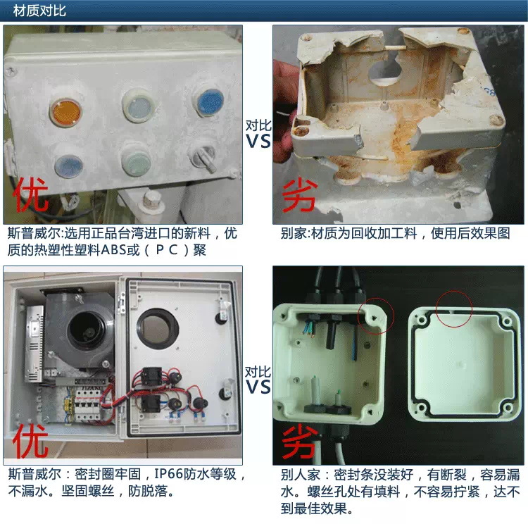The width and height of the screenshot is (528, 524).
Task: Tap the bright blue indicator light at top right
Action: (210, 101)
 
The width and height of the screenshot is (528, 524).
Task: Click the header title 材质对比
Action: (39, 11)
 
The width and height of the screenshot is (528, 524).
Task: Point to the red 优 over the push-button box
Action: (31, 194)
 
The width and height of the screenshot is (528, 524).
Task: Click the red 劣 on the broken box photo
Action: (300, 196)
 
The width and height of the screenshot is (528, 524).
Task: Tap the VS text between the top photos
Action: (258, 142)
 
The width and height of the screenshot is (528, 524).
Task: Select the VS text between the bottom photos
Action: (258, 387)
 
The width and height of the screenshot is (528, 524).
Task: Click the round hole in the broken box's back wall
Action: (384, 70)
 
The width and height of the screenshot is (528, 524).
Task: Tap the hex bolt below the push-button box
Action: (151, 200)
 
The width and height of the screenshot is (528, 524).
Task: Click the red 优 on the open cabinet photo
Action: (31, 440)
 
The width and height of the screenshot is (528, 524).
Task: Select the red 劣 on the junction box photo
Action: (300, 442)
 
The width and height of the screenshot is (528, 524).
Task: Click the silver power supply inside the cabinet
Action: (34, 344)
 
